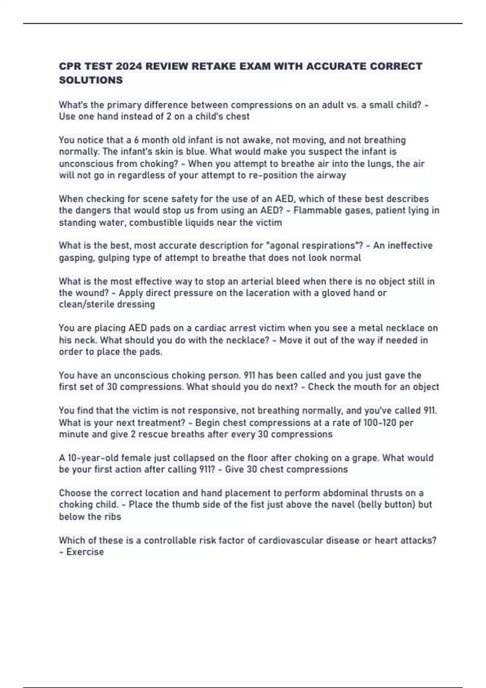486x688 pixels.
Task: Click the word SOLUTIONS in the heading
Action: point(91,80)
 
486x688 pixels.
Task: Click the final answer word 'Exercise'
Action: point(85,552)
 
